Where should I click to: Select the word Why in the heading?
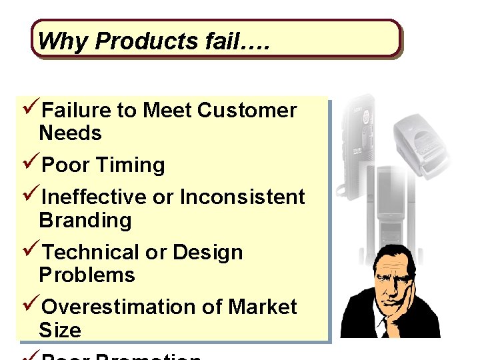click(x=63, y=42)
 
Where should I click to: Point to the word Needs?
click(x=71, y=133)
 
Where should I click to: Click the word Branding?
click(x=85, y=220)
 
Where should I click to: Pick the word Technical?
click(x=91, y=253)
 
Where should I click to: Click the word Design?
click(x=207, y=253)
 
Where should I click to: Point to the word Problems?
click(x=87, y=275)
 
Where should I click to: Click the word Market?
click(x=262, y=307)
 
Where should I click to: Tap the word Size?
click(x=60, y=330)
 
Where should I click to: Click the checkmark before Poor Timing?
click(x=31, y=165)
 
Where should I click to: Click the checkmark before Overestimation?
click(x=31, y=307)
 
